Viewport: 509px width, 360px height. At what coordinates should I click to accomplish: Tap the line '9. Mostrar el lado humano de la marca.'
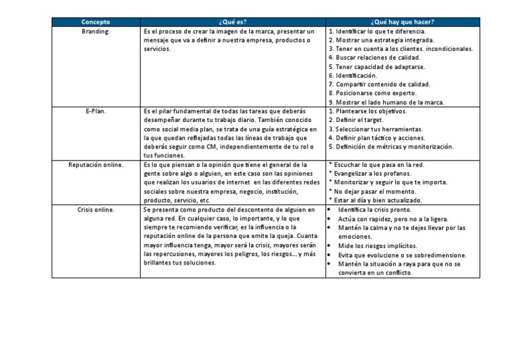click(386, 103)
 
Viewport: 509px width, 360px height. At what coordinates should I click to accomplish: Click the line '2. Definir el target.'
click(358, 120)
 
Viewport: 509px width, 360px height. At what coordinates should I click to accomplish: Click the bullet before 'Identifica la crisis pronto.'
click(331, 210)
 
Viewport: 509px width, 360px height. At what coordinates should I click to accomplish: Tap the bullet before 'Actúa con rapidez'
click(331, 218)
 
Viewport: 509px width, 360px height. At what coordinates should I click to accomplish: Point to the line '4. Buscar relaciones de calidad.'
click(374, 58)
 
